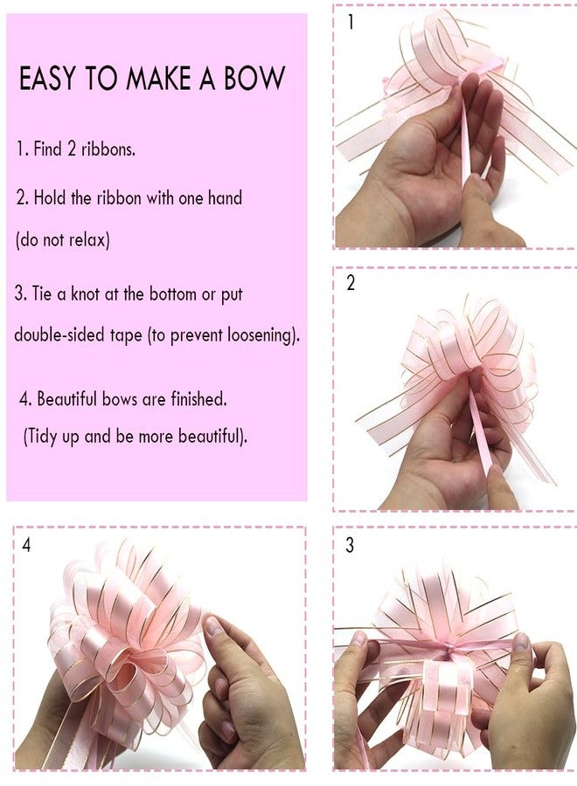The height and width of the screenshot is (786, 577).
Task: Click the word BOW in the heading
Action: pyautogui.click(x=254, y=79)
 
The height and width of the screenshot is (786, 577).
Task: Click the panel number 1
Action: pyautogui.click(x=351, y=22)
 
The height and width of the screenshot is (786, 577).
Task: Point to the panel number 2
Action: pyautogui.click(x=351, y=283)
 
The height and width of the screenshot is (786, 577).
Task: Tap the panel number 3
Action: pyautogui.click(x=350, y=545)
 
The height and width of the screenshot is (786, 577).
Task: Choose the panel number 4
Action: pyautogui.click(x=26, y=545)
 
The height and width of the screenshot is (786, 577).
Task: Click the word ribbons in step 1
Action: pyautogui.click(x=108, y=148)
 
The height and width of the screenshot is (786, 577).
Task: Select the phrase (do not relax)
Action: pyautogui.click(x=63, y=239)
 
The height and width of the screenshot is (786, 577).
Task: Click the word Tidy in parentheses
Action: pyautogui.click(x=42, y=436)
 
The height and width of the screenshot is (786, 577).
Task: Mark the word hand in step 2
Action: pyautogui.click(x=225, y=197)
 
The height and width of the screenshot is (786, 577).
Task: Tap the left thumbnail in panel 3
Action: pyautogui.click(x=359, y=638)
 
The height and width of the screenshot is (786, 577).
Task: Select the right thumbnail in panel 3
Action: pyautogui.click(x=521, y=641)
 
